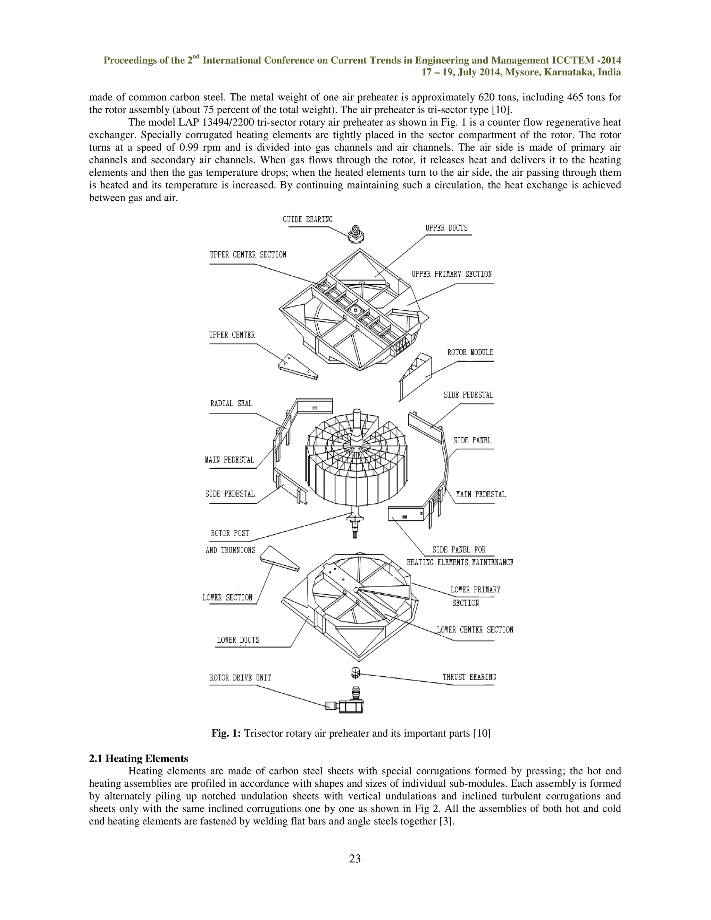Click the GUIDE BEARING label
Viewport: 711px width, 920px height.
[308, 219]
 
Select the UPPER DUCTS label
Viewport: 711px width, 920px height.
[446, 228]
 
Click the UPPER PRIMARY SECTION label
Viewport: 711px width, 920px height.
[452, 274]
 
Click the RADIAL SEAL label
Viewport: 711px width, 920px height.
[231, 403]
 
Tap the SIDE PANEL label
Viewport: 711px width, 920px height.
[472, 440]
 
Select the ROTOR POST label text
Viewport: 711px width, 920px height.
[230, 533]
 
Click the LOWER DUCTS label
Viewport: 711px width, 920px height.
[238, 640]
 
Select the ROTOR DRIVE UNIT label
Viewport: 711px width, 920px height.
[240, 678]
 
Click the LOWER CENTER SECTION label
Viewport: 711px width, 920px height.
[475, 630]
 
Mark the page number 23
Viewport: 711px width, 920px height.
[355, 858]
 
